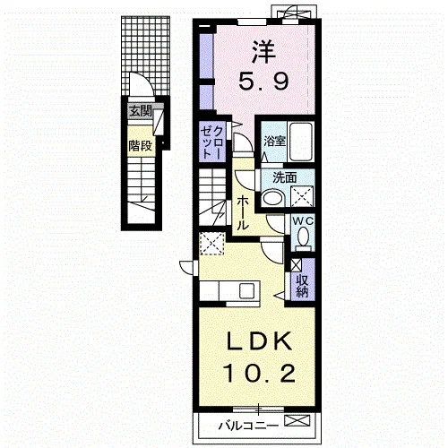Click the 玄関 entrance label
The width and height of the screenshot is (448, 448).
pyautogui.click(x=141, y=111)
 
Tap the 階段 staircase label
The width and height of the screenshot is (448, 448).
pyautogui.click(x=141, y=146)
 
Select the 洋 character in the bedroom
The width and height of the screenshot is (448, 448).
pyautogui.click(x=263, y=52)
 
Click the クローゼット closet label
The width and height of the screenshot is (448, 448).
pyautogui.click(x=212, y=142)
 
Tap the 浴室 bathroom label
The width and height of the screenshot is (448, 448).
pyautogui.click(x=274, y=141)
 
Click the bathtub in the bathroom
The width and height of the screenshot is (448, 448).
pyautogui.click(x=301, y=142)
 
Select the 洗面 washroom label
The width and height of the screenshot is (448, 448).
pyautogui.click(x=284, y=177)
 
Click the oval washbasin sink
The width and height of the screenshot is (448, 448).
pyautogui.click(x=273, y=197)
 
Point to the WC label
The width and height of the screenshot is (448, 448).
pyautogui.click(x=303, y=221)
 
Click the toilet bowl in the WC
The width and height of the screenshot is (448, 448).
pyautogui.click(x=304, y=237)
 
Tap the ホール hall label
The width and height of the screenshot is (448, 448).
pyautogui.click(x=243, y=214)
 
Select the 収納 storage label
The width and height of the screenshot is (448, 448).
pyautogui.click(x=302, y=285)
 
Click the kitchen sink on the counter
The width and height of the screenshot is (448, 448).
pyautogui.click(x=246, y=290)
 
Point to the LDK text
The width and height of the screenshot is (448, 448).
pyautogui.click(x=259, y=340)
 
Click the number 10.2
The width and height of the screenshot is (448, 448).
pyautogui.click(x=260, y=374)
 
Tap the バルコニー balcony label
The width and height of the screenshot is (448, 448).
pyautogui.click(x=248, y=426)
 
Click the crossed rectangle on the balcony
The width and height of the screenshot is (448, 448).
pyautogui.click(x=297, y=421)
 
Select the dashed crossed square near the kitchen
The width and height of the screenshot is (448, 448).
pyautogui.click(x=212, y=244)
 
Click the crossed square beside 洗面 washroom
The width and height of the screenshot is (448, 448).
pyautogui.click(x=302, y=196)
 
